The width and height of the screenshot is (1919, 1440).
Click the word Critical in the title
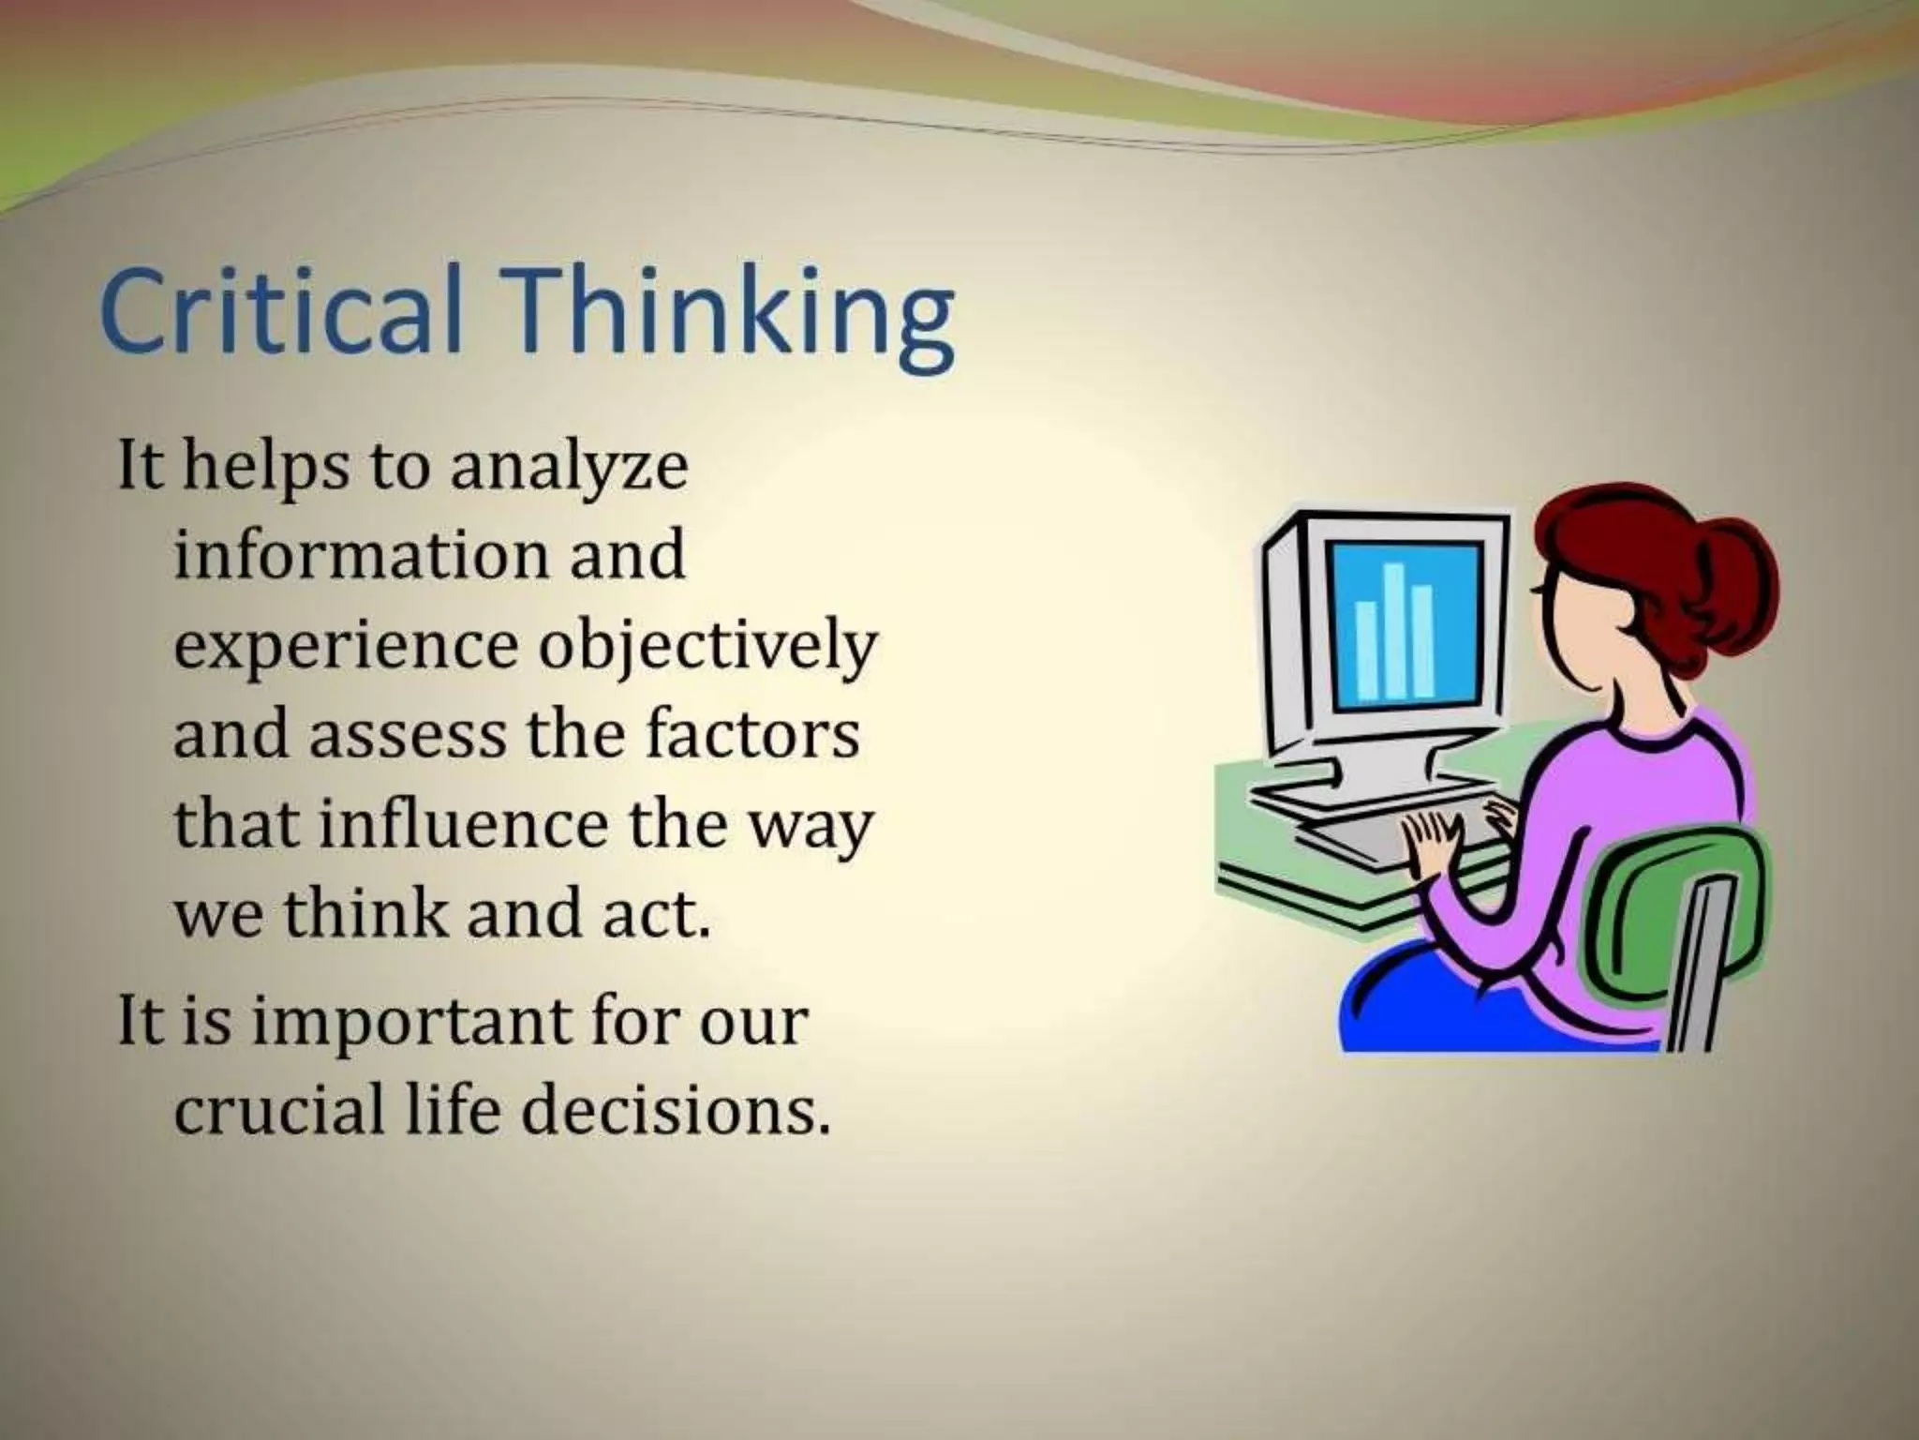(281, 309)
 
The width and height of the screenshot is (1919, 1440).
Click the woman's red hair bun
(1733, 581)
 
